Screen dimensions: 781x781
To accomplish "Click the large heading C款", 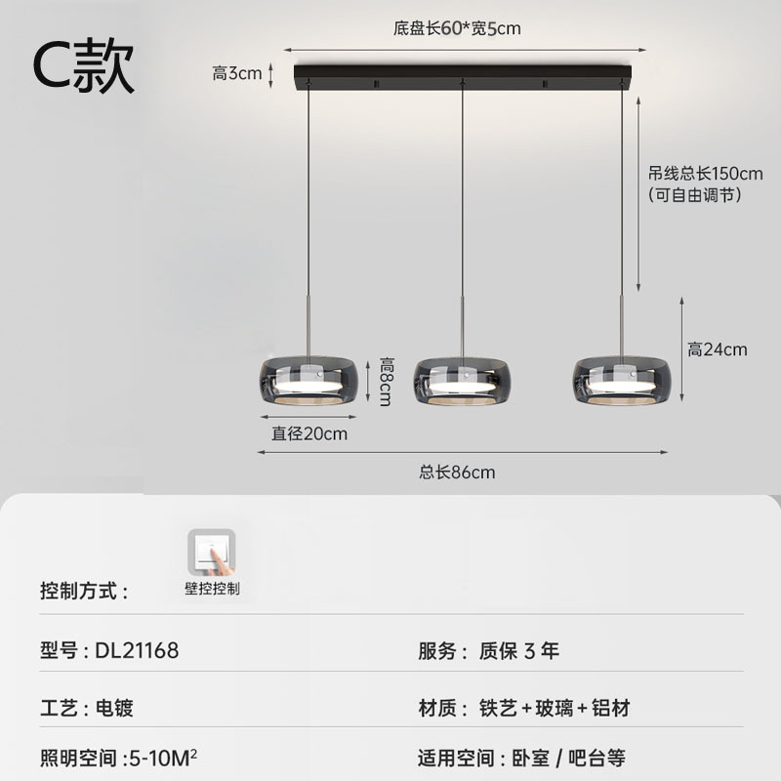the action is coord(84,65).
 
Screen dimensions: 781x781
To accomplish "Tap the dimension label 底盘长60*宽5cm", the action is coord(457,28).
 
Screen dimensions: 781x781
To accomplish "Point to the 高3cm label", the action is coord(237,74).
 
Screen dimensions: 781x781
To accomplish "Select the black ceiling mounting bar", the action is coord(462,78).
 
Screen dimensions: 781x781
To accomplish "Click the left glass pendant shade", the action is coord(308,381).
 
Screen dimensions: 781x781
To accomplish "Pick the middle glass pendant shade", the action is coord(462,381).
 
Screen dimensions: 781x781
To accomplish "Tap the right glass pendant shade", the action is coord(622,381).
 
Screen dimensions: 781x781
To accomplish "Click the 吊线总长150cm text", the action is coord(705,174).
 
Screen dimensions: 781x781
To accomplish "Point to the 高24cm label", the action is coord(718,349).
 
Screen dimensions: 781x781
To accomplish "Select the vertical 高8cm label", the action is coord(386,381).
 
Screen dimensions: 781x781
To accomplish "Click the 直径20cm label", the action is coord(309,433).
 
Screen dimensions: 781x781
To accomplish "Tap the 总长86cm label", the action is coord(457,473).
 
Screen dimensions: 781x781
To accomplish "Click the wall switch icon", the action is coord(212,553).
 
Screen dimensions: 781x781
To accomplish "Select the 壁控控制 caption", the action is coord(212,589).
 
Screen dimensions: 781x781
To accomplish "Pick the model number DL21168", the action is coord(137,650).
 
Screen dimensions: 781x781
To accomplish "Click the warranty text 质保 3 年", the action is coord(519,650).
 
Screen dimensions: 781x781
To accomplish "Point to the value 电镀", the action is coord(114,708).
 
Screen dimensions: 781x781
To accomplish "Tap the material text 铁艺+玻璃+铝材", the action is coord(555,708).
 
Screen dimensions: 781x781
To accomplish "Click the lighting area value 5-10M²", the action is coord(163,759).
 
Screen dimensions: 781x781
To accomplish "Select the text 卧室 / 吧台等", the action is coord(569,759).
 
